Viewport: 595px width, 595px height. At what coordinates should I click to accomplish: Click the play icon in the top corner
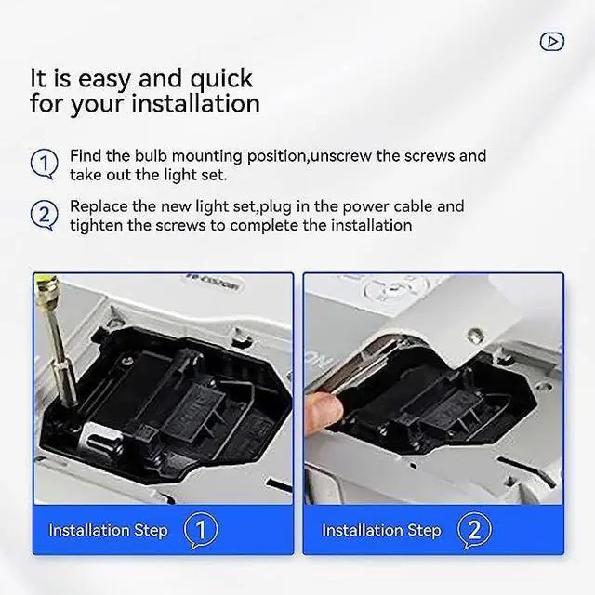pyautogui.click(x=552, y=41)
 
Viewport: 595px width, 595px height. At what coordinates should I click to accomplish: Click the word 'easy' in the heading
pyautogui.click(x=104, y=80)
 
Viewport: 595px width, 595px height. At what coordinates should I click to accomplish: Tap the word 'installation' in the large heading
pyautogui.click(x=195, y=103)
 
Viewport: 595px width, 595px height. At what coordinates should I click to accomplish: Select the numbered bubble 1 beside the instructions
pyautogui.click(x=45, y=164)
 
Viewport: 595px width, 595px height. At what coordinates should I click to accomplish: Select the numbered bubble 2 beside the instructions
pyautogui.click(x=45, y=215)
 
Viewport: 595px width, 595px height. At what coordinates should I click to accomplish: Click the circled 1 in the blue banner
pyautogui.click(x=201, y=530)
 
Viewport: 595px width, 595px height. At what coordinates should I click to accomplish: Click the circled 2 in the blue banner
pyautogui.click(x=474, y=530)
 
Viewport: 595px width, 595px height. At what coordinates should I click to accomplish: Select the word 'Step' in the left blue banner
pyautogui.click(x=151, y=531)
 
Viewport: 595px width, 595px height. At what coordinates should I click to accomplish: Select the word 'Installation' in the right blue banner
pyautogui.click(x=362, y=530)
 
